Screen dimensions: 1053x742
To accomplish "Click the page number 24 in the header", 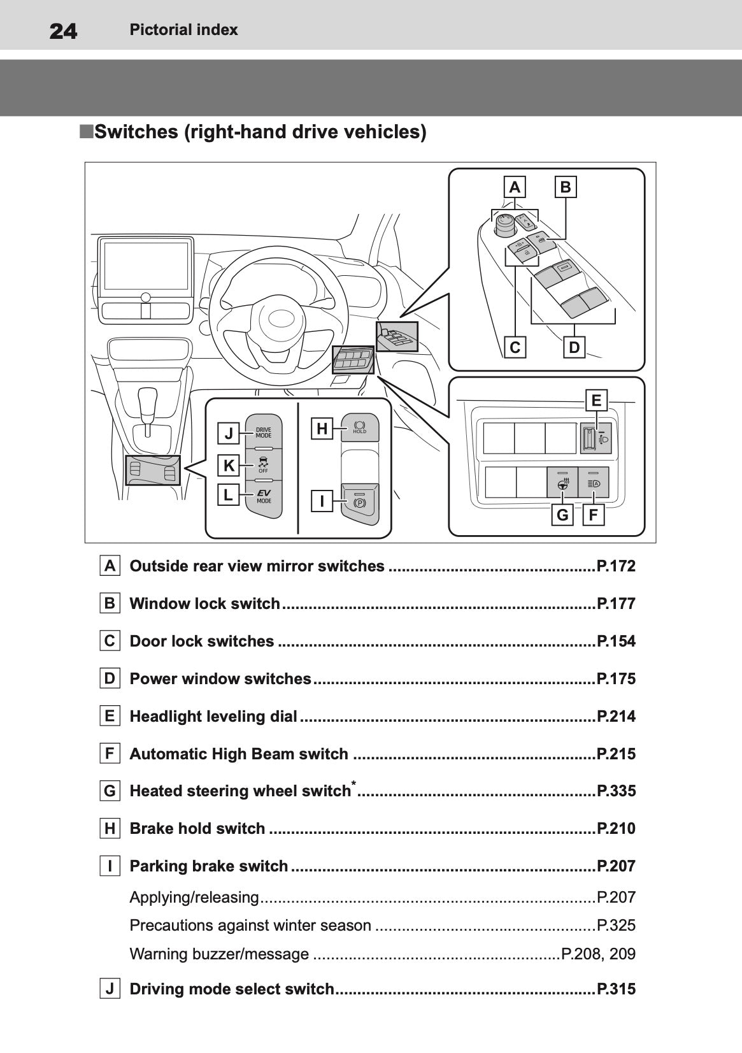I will (x=63, y=31).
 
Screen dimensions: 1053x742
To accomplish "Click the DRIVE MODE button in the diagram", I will (x=264, y=433).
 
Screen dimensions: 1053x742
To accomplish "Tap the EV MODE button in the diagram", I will (x=264, y=496).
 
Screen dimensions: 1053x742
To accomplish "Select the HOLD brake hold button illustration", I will (x=359, y=427).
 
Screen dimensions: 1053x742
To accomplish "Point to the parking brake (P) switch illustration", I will (x=359, y=503).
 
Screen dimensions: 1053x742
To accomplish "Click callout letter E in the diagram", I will (x=596, y=401).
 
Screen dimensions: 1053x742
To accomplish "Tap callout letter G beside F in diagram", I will (x=562, y=515).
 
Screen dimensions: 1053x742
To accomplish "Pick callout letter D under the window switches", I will (x=574, y=348).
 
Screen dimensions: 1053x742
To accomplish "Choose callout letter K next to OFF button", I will (x=229, y=466).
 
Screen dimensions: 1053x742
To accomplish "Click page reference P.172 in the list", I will (x=616, y=566).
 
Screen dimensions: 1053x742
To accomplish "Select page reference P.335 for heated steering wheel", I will (x=616, y=791).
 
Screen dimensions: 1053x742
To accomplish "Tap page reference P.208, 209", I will (x=598, y=954).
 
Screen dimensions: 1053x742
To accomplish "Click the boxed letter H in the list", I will (x=110, y=829).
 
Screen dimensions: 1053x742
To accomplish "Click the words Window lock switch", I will (x=204, y=604).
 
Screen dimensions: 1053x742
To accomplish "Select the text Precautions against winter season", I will (x=250, y=926).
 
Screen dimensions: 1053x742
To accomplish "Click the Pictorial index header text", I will (x=183, y=30).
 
